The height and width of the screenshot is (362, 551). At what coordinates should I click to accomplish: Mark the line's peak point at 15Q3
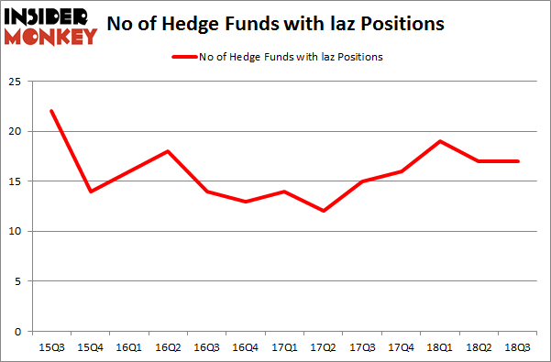pos(52,111)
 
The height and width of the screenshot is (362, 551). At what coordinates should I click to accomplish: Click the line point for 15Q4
pos(90,191)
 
